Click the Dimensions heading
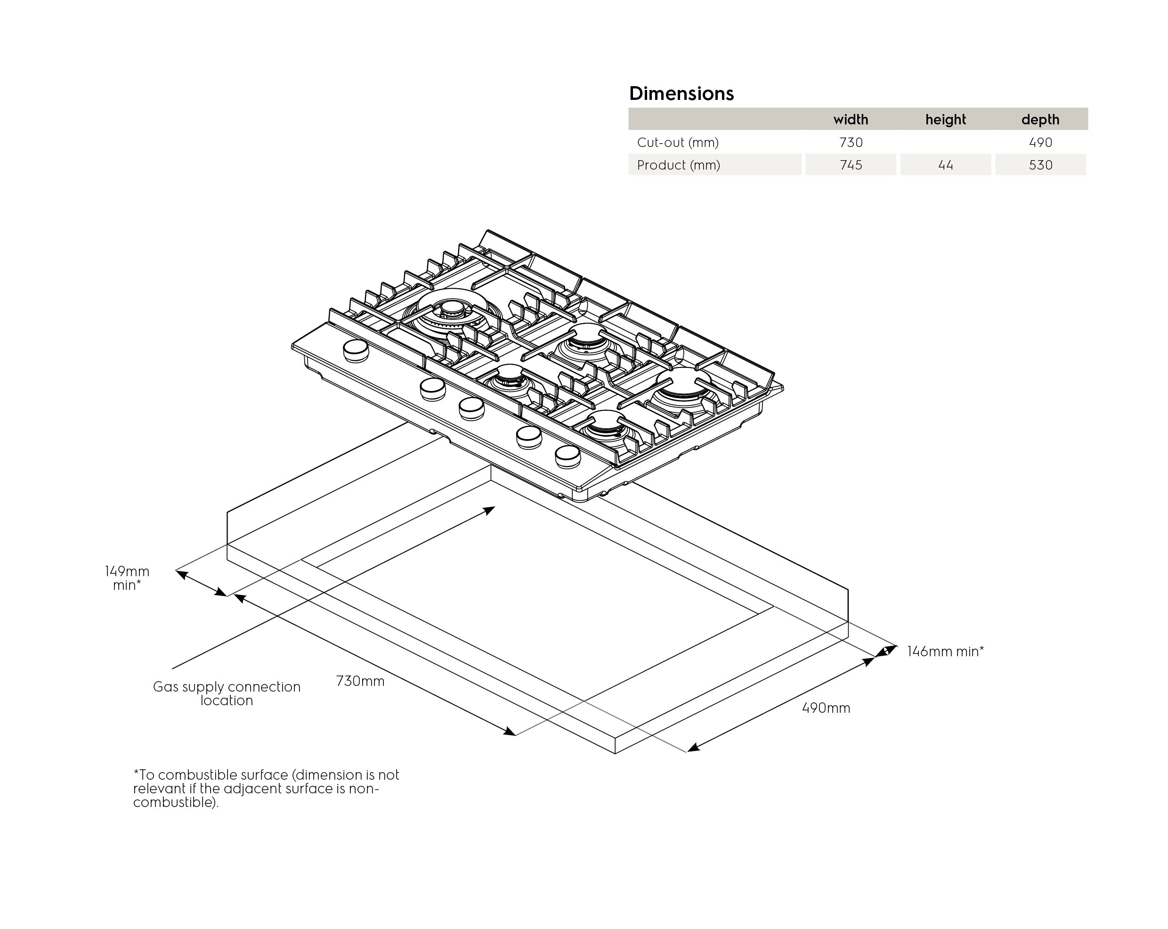(x=681, y=93)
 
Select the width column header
(x=850, y=119)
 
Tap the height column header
(x=945, y=119)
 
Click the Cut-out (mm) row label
(x=678, y=143)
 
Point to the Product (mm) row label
(x=678, y=165)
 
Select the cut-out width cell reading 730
(x=851, y=143)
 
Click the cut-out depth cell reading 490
(x=1040, y=143)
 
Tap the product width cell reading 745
(x=851, y=165)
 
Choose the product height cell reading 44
(x=945, y=165)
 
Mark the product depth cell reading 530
(x=1040, y=165)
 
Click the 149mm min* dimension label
(x=127, y=578)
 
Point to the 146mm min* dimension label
(x=945, y=652)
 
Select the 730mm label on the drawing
(x=360, y=681)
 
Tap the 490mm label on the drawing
(x=826, y=708)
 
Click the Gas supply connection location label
(x=227, y=693)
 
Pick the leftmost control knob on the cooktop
(x=356, y=350)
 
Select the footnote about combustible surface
(x=266, y=788)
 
